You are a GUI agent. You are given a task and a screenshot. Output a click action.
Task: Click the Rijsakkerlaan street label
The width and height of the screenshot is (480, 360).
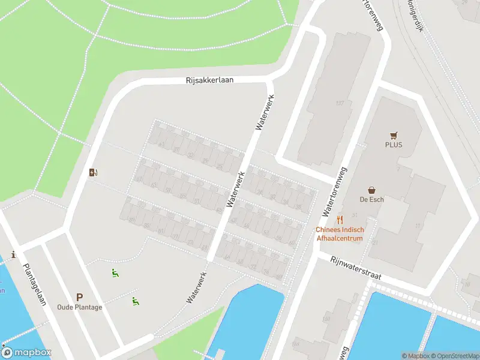(209, 80)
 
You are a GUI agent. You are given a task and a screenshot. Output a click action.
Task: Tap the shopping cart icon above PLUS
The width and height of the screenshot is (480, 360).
(394, 135)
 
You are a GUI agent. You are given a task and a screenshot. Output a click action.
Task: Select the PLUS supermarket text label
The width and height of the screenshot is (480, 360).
(394, 145)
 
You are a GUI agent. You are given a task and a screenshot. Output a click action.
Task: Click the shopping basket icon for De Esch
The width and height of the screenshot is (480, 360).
(372, 190)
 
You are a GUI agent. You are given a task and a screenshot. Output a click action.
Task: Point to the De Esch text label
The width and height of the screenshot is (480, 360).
(372, 199)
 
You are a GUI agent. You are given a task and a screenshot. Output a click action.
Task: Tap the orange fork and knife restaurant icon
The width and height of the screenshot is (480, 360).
(340, 220)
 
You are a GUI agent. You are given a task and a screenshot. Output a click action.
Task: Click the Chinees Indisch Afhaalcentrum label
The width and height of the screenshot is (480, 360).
(340, 234)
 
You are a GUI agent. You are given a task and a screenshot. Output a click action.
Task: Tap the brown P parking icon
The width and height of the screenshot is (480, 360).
(79, 297)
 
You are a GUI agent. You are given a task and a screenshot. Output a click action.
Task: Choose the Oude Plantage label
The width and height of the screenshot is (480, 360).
(79, 307)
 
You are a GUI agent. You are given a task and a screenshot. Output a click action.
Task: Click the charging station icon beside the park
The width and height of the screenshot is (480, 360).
(93, 173)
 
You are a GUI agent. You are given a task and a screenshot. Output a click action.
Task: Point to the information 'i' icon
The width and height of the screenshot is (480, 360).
(13, 254)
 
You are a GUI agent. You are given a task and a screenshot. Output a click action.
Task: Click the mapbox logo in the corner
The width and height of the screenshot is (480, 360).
(26, 352)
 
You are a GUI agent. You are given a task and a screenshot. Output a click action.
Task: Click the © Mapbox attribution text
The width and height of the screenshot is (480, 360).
(415, 356)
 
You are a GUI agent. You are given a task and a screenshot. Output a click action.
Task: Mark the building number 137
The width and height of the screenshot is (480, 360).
(340, 103)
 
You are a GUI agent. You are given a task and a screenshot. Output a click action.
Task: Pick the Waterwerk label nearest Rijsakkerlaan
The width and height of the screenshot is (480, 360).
(265, 112)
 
